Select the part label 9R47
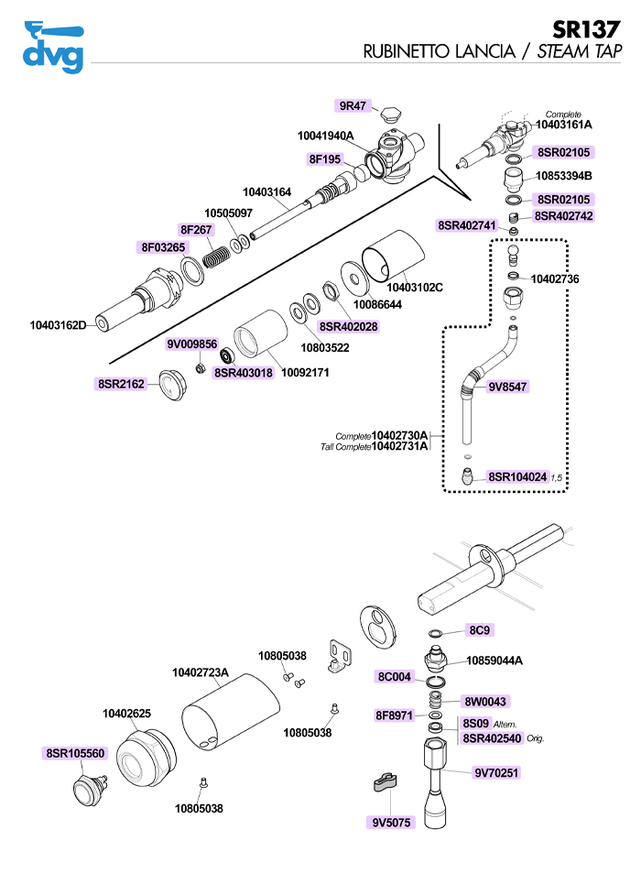click(353, 105)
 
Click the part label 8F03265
click(163, 247)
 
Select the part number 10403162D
click(58, 324)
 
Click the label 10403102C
click(420, 288)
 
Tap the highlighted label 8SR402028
click(348, 326)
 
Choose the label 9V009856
click(191, 344)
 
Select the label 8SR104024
click(517, 477)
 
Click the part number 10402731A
click(399, 446)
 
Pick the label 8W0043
click(486, 701)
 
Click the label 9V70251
click(496, 773)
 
